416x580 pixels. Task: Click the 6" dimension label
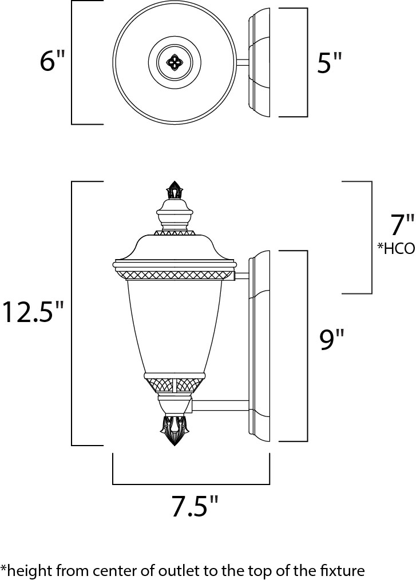[x=52, y=62]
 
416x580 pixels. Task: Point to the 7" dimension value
[x=402, y=225]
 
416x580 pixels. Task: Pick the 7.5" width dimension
[x=195, y=506]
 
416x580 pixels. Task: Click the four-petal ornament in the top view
[x=173, y=61]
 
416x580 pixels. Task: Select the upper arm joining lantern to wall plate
[x=241, y=276]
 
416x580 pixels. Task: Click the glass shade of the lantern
[x=174, y=326]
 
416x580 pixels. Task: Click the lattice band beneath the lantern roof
[x=174, y=276]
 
